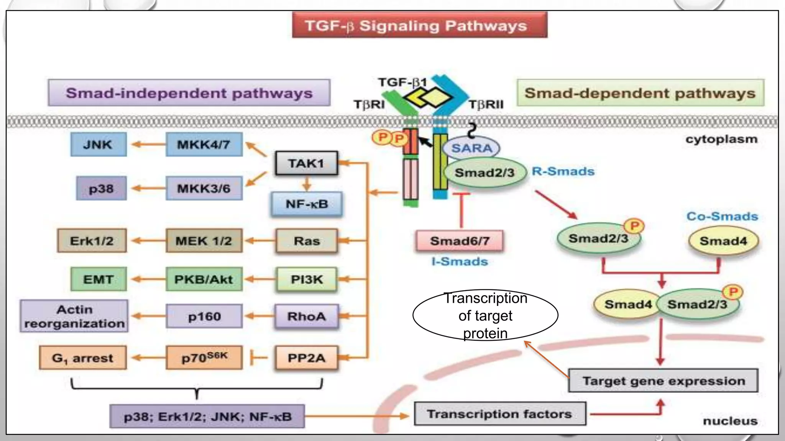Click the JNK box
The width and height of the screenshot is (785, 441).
(x=99, y=144)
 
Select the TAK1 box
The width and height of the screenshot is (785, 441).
(x=307, y=163)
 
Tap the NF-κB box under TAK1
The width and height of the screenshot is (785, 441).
(x=307, y=204)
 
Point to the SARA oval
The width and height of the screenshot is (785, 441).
(x=471, y=148)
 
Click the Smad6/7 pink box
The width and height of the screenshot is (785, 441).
(x=460, y=241)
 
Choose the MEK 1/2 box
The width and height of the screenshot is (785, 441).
(x=204, y=241)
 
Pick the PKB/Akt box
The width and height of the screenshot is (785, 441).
(x=204, y=279)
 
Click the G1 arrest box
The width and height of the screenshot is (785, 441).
(x=83, y=358)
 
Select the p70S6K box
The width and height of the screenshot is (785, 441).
(x=204, y=358)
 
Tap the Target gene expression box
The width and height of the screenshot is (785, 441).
(x=663, y=381)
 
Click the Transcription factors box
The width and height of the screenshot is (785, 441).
(x=500, y=414)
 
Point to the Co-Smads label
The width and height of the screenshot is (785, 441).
(x=722, y=216)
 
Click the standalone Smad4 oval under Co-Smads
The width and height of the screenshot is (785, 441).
(x=723, y=241)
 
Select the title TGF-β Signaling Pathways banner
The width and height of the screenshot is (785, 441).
(x=419, y=26)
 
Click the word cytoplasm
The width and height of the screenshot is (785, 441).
(x=721, y=139)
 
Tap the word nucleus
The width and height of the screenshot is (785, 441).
(x=730, y=421)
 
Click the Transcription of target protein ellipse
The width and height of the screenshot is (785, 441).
(x=485, y=315)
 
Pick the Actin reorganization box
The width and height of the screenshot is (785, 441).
(x=74, y=316)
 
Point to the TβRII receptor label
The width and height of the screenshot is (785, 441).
(x=486, y=105)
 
